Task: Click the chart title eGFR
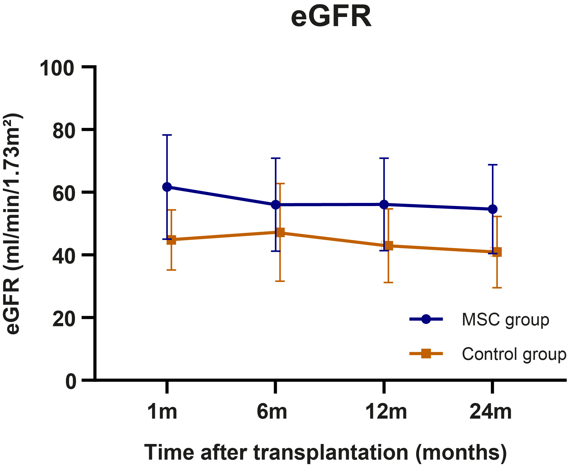(331, 17)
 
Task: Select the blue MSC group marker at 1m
(167, 187)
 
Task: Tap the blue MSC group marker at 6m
(276, 204)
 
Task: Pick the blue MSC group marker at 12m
(384, 204)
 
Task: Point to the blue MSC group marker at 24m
(493, 209)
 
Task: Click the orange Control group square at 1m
(171, 240)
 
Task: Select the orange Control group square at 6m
(280, 232)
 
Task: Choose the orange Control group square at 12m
(389, 245)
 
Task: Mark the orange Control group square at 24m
(497, 252)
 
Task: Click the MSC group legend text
(505, 320)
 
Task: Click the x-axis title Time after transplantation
(325, 452)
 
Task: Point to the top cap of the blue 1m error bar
(167, 135)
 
